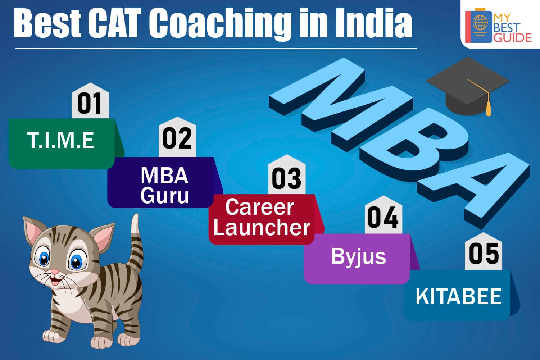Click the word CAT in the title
point(114,23)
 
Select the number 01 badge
point(90,100)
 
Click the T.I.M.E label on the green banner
point(60,140)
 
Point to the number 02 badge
point(177,137)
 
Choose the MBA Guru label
point(164,185)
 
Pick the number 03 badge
point(287,175)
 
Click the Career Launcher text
point(262,217)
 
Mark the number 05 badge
point(484,251)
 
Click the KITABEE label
point(458,297)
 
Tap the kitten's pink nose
point(55,272)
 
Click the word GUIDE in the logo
point(512,38)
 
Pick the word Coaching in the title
point(220,24)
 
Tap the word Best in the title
point(47,23)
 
